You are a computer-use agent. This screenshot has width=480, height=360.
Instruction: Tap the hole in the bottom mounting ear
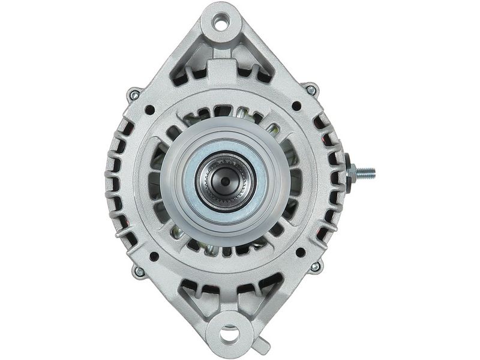coord(229,332)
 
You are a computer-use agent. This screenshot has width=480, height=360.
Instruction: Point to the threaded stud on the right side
coord(364,173)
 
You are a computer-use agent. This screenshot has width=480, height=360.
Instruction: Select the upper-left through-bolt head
coord(133,95)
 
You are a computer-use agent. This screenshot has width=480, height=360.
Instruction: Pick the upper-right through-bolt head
coord(311,90)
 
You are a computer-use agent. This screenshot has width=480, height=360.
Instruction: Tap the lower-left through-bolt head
coord(139,272)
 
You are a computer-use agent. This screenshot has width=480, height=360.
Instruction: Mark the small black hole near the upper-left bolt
coord(149,110)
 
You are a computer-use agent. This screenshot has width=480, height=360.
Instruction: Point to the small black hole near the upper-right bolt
coord(296,106)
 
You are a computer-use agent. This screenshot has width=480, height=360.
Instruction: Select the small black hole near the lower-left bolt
coord(154,256)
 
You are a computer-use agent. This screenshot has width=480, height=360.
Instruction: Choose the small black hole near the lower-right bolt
coord(300,253)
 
